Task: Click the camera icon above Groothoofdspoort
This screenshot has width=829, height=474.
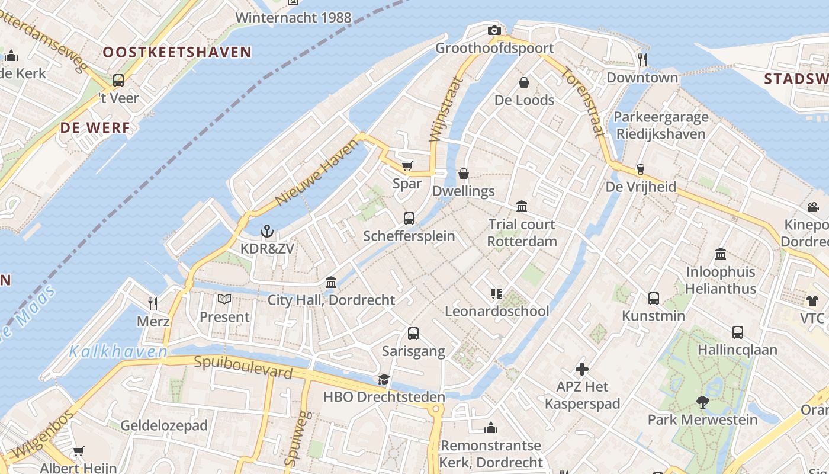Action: (494, 31)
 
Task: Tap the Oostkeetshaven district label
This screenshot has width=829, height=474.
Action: (178, 52)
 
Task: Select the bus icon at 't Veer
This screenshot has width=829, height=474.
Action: (118, 81)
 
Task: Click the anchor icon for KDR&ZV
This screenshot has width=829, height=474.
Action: (267, 231)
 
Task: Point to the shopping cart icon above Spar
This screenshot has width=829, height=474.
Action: (407, 166)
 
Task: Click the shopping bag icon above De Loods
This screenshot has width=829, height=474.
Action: (524, 82)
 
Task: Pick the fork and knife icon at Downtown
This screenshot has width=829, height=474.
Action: (642, 59)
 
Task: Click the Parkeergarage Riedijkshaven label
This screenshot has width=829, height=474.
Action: (661, 125)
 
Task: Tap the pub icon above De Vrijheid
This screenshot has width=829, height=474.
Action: (640, 169)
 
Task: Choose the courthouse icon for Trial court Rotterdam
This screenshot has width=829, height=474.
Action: (522, 206)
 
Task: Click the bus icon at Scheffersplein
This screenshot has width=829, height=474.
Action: (409, 219)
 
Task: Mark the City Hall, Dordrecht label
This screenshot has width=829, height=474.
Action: (331, 300)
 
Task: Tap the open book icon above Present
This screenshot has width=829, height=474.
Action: (224, 299)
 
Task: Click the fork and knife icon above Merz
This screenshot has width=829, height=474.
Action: (153, 304)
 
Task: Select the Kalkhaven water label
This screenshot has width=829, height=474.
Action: (118, 351)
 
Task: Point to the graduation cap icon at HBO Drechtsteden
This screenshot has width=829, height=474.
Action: (384, 379)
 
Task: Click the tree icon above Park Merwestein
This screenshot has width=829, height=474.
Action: (702, 402)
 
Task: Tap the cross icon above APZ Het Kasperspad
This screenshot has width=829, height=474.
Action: (582, 369)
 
